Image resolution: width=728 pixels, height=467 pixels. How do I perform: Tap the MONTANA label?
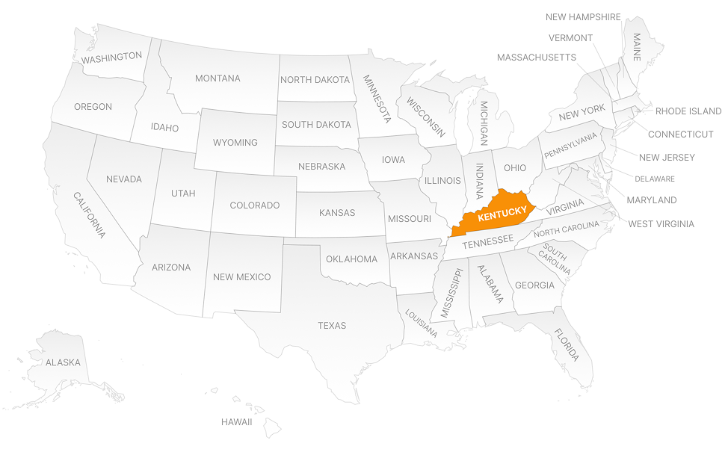(x=218, y=78)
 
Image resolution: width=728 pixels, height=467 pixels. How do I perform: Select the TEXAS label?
(x=332, y=326)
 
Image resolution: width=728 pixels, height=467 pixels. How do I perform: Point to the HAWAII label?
(x=236, y=422)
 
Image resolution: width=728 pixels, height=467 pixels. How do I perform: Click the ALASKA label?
(x=63, y=362)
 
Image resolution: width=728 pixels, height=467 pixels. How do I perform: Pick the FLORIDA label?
(x=567, y=345)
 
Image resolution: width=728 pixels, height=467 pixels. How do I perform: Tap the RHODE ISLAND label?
(x=688, y=111)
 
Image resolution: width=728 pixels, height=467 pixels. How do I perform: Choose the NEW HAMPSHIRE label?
(x=583, y=17)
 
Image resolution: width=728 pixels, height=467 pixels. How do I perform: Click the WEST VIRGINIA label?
(x=661, y=223)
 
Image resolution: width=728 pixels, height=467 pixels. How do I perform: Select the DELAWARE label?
(x=655, y=179)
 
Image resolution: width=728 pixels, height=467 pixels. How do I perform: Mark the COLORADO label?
(x=254, y=205)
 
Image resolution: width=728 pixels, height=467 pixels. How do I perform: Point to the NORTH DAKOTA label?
(x=315, y=80)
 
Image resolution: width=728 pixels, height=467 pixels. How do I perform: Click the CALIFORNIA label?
(x=89, y=214)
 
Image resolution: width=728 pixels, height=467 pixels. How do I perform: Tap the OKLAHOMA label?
(x=351, y=259)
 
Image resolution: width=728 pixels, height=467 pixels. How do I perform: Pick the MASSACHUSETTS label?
(x=536, y=58)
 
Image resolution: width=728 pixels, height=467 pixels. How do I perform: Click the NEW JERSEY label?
(x=667, y=158)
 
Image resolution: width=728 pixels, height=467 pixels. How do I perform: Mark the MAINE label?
(x=637, y=46)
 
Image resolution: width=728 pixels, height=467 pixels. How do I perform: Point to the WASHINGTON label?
(x=111, y=57)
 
